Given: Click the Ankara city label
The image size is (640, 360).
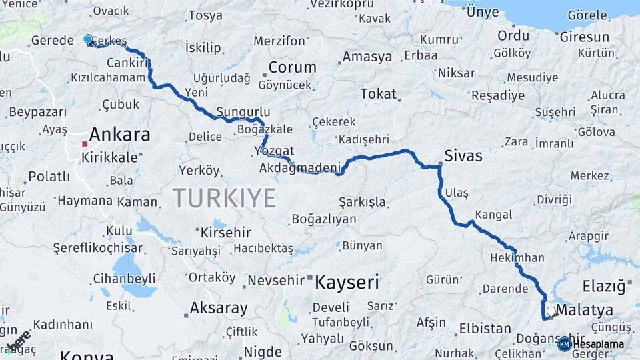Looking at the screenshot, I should click(x=119, y=135).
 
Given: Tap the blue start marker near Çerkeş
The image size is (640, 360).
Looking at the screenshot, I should click(x=88, y=39).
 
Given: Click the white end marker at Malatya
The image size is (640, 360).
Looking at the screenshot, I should click(x=551, y=311).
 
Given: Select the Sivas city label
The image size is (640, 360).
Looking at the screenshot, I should click(x=465, y=156).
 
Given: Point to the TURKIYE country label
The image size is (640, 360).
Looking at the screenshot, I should click(x=224, y=198).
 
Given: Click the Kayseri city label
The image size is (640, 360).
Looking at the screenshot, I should click(x=347, y=282).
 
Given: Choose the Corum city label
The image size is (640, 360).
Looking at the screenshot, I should click(x=292, y=67).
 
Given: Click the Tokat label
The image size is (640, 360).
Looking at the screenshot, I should click(x=378, y=94).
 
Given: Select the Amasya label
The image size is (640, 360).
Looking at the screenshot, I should click(x=367, y=57).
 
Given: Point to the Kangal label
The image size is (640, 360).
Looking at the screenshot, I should click(x=493, y=215).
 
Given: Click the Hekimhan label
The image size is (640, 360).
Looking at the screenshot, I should click(x=517, y=257).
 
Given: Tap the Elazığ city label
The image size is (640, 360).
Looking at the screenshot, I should click(x=605, y=286).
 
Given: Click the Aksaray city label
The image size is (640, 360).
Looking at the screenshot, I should click(x=219, y=308).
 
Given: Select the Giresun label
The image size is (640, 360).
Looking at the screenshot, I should click(x=584, y=37).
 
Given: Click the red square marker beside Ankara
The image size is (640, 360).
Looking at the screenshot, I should click(x=85, y=143).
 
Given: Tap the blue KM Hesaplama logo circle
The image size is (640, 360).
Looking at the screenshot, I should click(x=565, y=344).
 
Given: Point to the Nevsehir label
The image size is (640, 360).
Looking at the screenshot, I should click(x=275, y=281).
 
